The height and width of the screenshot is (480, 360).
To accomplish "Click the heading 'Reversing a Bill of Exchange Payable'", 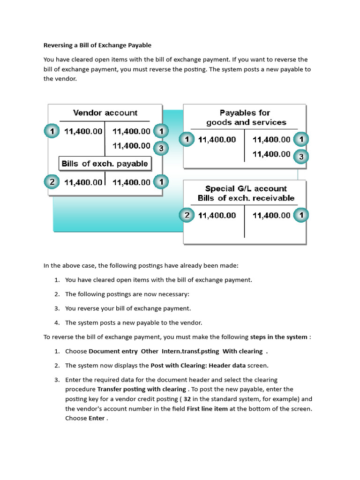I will point(97,45).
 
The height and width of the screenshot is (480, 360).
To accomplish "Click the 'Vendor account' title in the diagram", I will point(105,113).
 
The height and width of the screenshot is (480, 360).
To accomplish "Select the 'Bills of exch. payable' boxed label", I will point(105,164).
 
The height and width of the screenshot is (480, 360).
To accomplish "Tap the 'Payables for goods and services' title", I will point(246,118).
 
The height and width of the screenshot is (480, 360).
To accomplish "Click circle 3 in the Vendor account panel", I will point(161,149).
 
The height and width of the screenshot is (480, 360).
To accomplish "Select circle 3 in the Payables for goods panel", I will point(301,157).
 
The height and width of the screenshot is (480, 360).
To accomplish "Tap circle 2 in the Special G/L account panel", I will point(187,215).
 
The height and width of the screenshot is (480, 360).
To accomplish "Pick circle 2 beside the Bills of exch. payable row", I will point(52,182).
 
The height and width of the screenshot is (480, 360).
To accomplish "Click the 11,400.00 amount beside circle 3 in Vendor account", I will point(132,146).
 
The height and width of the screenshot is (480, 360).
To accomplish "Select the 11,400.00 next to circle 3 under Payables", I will point(271,154).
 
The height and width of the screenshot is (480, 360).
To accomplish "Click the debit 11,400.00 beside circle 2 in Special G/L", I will point(217,216).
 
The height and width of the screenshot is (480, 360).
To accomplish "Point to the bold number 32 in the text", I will point(187,399).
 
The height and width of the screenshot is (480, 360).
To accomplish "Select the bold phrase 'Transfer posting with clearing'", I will point(142,389).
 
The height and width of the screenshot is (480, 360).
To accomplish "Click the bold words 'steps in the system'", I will point(279,337).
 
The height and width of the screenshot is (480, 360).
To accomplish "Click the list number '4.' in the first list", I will point(57,322).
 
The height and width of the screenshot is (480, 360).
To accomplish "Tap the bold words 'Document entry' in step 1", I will point(113,351).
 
